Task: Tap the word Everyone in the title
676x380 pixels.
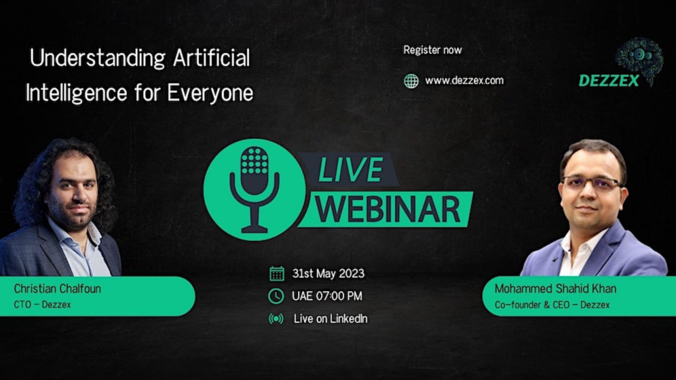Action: pyautogui.click(x=210, y=92)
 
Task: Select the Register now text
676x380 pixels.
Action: pyautogui.click(x=433, y=50)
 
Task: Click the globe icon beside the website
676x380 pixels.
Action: pyautogui.click(x=411, y=81)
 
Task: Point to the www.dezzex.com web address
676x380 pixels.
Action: pyautogui.click(x=464, y=81)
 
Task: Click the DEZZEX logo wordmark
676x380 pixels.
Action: pyautogui.click(x=609, y=81)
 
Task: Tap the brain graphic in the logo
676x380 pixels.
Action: pyautogui.click(x=640, y=59)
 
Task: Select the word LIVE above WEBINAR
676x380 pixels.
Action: pyautogui.click(x=350, y=170)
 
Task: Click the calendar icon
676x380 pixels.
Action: pyautogui.click(x=277, y=273)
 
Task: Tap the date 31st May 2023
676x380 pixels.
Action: pyautogui.click(x=328, y=273)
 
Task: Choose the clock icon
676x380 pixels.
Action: pyautogui.click(x=276, y=296)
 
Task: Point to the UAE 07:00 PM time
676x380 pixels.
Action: pyautogui.click(x=327, y=296)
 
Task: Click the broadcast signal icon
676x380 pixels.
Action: pyautogui.click(x=276, y=318)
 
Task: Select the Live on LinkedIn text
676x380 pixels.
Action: pyautogui.click(x=331, y=319)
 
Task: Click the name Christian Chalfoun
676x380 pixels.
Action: pyautogui.click(x=58, y=289)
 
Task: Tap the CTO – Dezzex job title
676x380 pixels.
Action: pyautogui.click(x=42, y=305)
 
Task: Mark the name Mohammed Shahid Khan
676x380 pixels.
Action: pyautogui.click(x=555, y=289)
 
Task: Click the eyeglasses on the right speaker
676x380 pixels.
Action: pyautogui.click(x=591, y=183)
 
